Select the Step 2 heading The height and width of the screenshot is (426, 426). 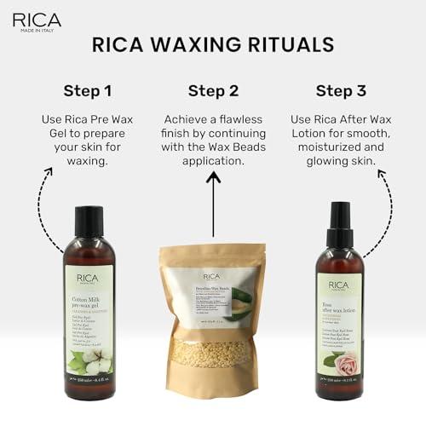(214, 90)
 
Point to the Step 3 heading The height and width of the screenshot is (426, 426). (341, 90)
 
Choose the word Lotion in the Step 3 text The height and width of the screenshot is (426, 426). (317, 138)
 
